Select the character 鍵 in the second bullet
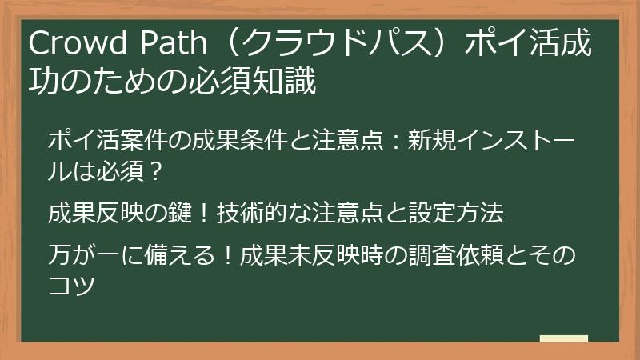click(x=184, y=214)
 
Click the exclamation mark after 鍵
click(x=204, y=214)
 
